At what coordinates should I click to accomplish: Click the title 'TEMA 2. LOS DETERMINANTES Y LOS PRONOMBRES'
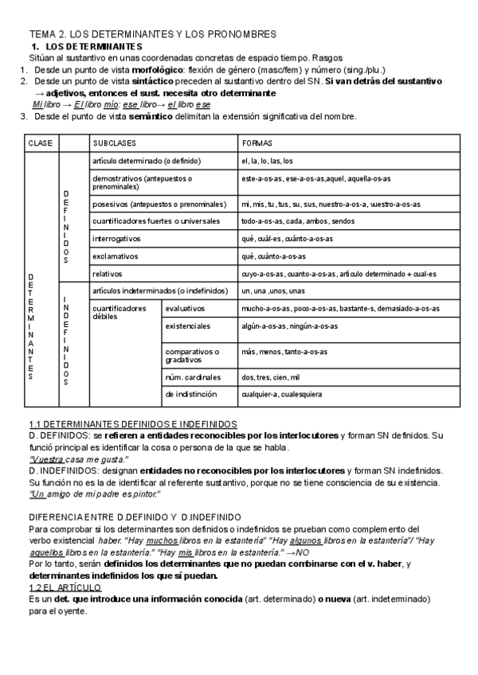pyautogui.click(x=152, y=34)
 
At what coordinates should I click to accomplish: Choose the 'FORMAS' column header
pyautogui.click(x=257, y=143)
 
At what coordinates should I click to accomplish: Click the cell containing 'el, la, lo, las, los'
pyautogui.click(x=267, y=161)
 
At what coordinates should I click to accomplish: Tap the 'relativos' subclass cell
pyautogui.click(x=108, y=274)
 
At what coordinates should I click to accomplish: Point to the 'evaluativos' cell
pyautogui.click(x=185, y=308)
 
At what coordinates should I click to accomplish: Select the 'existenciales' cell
pyautogui.click(x=188, y=326)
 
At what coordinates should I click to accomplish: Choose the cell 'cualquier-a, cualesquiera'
pyautogui.click(x=281, y=394)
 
